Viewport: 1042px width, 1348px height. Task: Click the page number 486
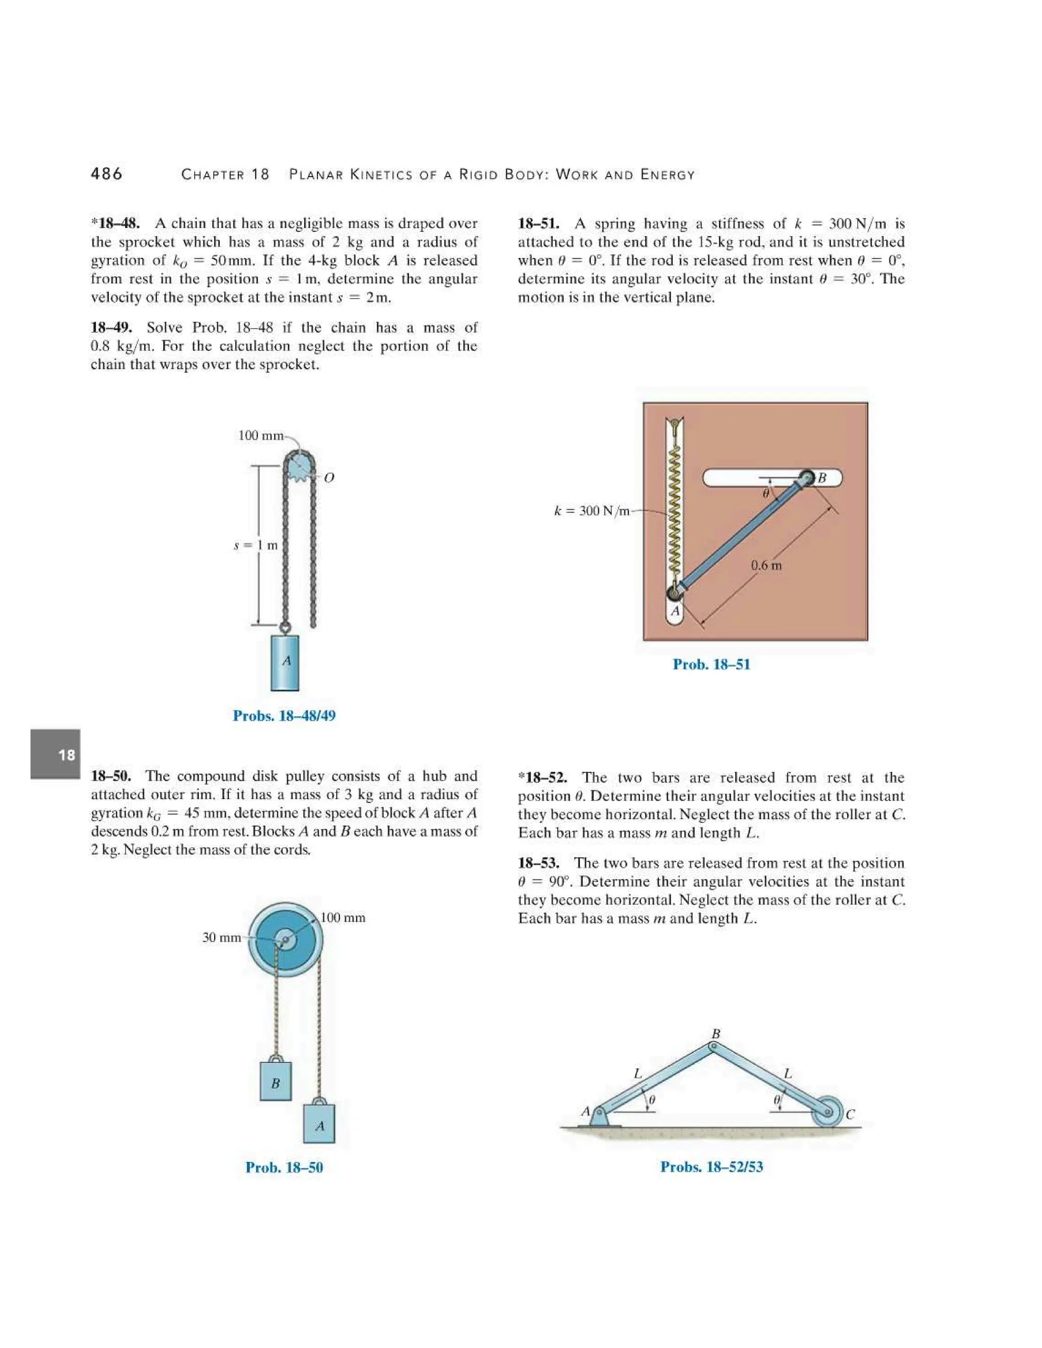[106, 174]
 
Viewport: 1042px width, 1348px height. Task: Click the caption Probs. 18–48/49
[284, 716]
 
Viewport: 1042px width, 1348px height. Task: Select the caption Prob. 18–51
[711, 664]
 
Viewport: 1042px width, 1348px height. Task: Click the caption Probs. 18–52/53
[711, 1166]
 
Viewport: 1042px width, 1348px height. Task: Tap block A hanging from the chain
[285, 662]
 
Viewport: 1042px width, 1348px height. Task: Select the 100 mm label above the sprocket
[260, 436]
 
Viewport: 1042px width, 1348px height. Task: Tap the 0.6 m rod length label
[766, 565]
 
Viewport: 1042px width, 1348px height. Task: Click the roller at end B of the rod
[807, 477]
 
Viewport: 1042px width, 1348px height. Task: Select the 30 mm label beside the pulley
[222, 937]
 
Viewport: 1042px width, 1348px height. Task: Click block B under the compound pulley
[275, 1082]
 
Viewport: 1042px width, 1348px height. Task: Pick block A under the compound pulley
[319, 1125]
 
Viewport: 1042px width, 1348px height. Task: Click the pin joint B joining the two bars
[713, 1046]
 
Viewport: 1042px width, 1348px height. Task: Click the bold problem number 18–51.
[538, 223]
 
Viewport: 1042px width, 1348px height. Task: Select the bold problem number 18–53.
[538, 863]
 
